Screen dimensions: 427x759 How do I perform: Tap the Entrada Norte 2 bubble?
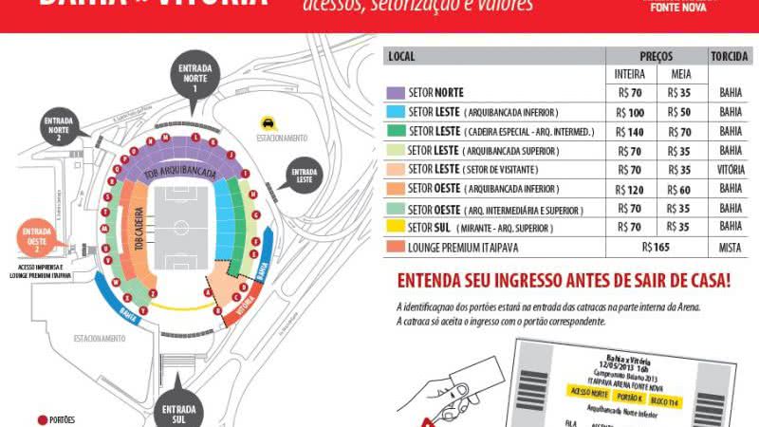(x=59, y=127)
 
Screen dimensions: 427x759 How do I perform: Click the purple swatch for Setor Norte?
(x=396, y=93)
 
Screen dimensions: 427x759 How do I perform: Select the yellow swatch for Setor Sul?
(x=396, y=228)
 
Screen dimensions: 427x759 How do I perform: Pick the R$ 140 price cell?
(x=630, y=131)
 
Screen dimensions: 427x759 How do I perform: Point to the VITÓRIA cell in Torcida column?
(x=731, y=170)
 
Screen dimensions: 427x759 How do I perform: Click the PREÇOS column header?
(x=656, y=56)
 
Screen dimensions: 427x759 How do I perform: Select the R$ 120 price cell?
(x=630, y=189)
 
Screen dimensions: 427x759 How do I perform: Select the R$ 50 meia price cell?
(x=679, y=112)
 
